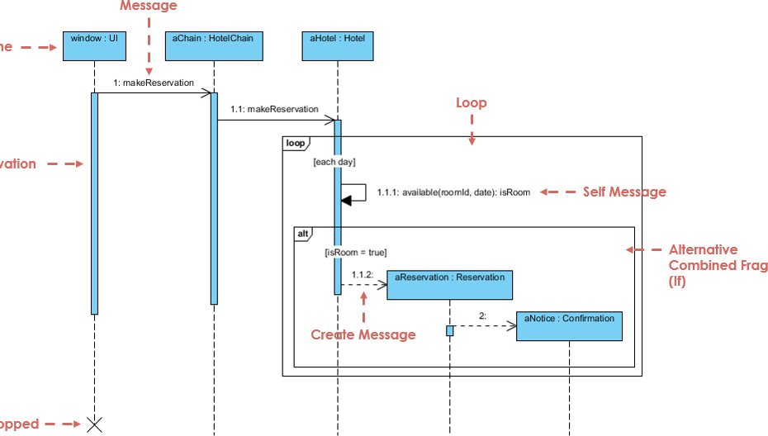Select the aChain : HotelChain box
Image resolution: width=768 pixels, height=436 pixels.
(214, 46)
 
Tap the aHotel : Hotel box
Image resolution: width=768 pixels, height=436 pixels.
(338, 46)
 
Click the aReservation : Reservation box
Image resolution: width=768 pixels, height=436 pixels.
(449, 285)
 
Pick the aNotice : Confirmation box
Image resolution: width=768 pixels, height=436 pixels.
(569, 326)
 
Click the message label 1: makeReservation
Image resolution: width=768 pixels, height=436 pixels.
(154, 83)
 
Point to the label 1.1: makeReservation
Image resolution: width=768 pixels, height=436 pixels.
(274, 109)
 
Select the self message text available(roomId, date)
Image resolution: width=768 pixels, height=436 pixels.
(453, 192)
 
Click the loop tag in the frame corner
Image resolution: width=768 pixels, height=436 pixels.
(296, 143)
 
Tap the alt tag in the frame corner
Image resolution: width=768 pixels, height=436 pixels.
(303, 234)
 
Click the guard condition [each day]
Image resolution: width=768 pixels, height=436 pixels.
(334, 163)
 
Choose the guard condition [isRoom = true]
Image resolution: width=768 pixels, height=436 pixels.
(355, 253)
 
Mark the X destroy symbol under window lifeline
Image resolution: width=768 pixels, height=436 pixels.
(95, 424)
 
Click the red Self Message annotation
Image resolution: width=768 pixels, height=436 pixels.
(624, 192)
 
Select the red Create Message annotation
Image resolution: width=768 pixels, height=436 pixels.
(363, 334)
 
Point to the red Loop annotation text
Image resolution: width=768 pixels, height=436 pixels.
(472, 103)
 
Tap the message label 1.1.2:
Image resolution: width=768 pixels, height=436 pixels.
(362, 274)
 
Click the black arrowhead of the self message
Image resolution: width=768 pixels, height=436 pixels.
(346, 200)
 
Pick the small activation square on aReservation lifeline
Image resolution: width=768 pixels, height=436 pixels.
(450, 330)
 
